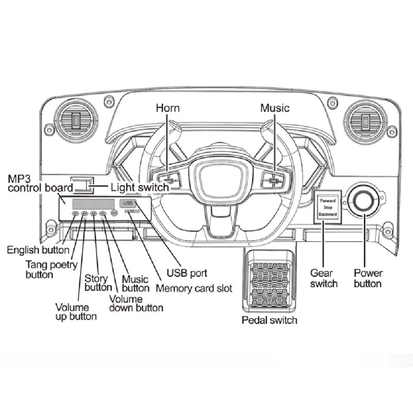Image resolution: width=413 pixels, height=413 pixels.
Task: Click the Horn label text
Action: click(x=169, y=108)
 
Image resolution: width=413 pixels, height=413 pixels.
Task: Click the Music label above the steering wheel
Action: click(x=274, y=108)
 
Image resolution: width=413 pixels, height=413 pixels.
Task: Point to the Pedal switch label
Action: click(x=269, y=320)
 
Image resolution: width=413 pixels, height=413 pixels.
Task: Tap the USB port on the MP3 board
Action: click(x=128, y=203)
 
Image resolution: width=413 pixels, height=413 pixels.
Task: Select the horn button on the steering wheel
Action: click(x=170, y=180)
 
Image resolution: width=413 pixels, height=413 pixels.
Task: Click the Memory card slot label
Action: click(x=194, y=288)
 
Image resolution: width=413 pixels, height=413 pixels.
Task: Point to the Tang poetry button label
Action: click(x=51, y=269)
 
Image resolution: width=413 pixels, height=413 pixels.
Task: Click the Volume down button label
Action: click(x=136, y=303)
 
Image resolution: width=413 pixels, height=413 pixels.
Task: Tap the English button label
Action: click(x=38, y=250)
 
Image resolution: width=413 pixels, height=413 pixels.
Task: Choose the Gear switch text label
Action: click(x=324, y=278)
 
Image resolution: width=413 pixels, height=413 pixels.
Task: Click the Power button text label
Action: click(x=368, y=278)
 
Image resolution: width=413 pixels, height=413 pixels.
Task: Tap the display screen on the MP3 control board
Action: click(x=94, y=203)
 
